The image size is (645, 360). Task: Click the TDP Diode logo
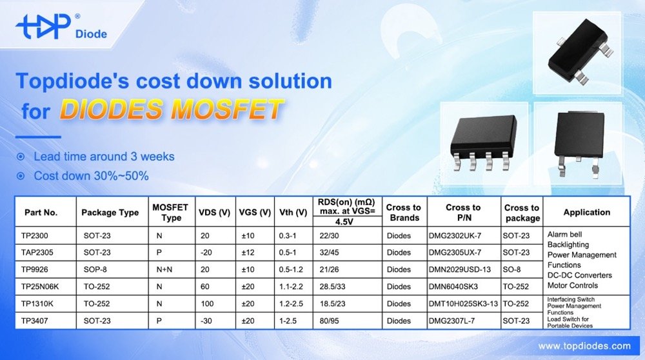click(x=61, y=27)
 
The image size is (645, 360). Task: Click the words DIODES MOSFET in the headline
click(x=171, y=110)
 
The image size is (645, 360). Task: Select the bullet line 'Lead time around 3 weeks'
click(x=103, y=157)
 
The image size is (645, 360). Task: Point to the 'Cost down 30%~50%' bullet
click(x=91, y=175)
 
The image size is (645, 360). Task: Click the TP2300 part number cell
click(x=35, y=235)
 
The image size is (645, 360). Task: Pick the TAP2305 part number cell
click(x=38, y=252)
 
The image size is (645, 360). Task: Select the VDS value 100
click(x=206, y=304)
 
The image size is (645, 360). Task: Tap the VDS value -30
click(x=205, y=321)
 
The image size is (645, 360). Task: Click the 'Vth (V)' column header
click(x=293, y=212)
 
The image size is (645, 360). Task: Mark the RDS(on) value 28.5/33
click(x=334, y=286)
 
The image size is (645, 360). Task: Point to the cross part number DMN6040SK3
click(x=454, y=286)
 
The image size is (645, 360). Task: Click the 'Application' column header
click(x=586, y=212)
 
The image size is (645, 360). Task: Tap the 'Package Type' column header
click(x=110, y=212)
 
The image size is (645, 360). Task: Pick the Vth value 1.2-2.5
click(x=292, y=304)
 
